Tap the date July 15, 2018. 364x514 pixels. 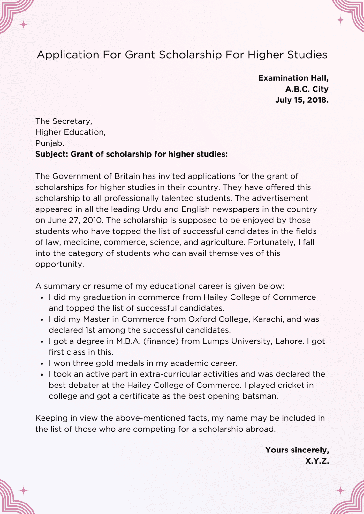tap(302, 100)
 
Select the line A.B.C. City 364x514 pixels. tap(307, 89)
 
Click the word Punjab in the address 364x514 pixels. tap(49, 143)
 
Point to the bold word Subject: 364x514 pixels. tap(52, 154)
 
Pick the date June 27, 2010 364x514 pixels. tap(76, 220)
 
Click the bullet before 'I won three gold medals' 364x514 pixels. tap(42, 363)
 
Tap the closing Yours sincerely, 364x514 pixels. tap(297, 450)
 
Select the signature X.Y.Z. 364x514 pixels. tap(317, 461)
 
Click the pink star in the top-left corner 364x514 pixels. tap(23, 24)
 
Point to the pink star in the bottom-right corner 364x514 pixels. tap(341, 490)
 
